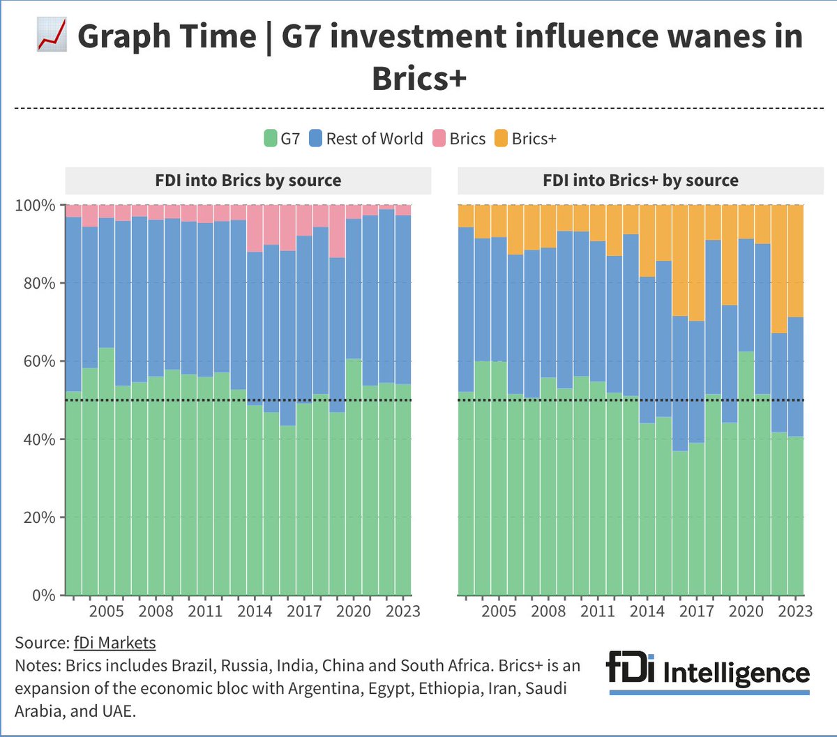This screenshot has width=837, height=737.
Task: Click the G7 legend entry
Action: pyautogui.click(x=282, y=139)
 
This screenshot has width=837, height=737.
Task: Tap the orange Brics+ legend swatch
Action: pyautogui.click(x=501, y=139)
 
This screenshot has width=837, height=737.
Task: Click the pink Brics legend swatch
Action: pyautogui.click(x=439, y=139)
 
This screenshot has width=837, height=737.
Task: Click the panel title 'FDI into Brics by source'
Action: pyautogui.click(x=248, y=181)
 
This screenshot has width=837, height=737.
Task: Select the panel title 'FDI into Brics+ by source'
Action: pyautogui.click(x=640, y=181)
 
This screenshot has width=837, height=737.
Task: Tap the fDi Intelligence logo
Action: pyautogui.click(x=708, y=671)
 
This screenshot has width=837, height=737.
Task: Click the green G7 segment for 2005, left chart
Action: pyautogui.click(x=106, y=474)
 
